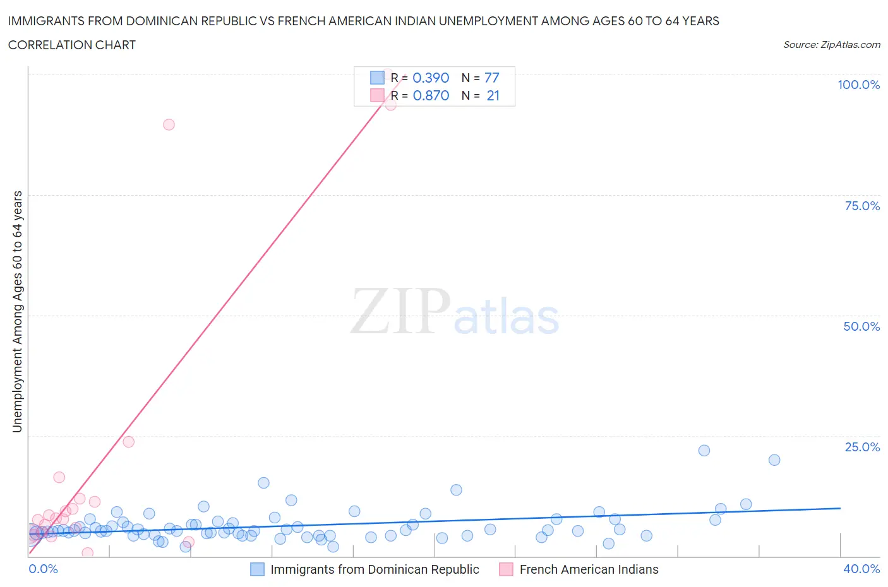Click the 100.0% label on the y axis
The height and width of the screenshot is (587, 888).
coord(858,85)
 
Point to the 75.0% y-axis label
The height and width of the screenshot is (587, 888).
coord(862,206)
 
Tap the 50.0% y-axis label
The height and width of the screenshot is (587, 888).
coord(861,326)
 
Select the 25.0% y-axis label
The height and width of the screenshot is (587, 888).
coord(862,447)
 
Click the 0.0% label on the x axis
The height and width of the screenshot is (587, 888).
coord(43,569)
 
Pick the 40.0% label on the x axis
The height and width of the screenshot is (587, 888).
coord(861,569)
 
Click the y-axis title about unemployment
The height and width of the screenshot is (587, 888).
coord(17,311)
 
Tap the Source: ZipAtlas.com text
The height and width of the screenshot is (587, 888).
coord(831,44)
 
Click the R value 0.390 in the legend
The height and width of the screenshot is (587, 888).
coord(431,78)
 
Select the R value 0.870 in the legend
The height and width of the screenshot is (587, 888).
coord(431,95)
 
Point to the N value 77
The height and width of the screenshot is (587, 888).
coord(491,78)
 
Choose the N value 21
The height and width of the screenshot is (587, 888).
coord(493,95)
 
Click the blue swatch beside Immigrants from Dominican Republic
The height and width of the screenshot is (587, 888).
coord(257,569)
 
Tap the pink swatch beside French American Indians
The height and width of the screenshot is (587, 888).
coord(506,569)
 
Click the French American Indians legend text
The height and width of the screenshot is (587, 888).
coord(589,569)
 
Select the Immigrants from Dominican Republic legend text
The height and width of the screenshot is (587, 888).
coord(375,569)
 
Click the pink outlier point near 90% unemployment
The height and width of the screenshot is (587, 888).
coord(169,124)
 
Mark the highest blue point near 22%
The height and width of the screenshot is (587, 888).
coord(704,450)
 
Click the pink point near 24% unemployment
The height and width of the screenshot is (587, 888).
coord(128,442)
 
